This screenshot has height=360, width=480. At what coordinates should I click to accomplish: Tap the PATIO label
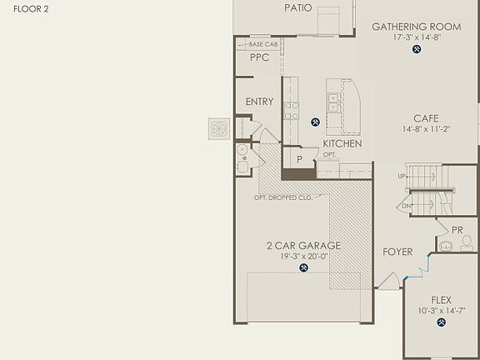point(298,7)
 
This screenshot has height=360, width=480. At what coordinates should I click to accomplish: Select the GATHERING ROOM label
point(416,27)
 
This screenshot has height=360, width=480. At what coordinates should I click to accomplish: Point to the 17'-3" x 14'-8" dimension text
point(416,37)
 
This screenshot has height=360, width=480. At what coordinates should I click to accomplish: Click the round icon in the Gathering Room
point(417,50)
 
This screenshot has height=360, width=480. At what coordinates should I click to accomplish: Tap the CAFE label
point(420,118)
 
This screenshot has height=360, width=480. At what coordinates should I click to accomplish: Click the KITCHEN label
point(342,143)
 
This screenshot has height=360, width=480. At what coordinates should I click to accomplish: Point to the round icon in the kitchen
point(316,122)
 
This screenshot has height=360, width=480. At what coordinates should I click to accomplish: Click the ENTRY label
point(259,102)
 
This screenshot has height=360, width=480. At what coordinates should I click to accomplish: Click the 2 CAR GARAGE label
point(303,246)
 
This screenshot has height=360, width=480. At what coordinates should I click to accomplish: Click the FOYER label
point(397,252)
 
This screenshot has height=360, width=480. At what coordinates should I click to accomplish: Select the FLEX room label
point(441,300)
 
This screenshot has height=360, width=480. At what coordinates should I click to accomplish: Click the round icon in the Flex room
point(441,324)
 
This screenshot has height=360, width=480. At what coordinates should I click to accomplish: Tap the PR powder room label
point(457,230)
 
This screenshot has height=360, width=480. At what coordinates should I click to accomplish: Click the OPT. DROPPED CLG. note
point(283,197)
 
